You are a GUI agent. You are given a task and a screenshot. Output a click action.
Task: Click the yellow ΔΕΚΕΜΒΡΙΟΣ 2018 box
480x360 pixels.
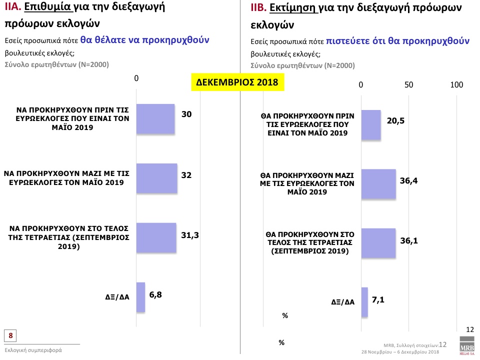(238, 82)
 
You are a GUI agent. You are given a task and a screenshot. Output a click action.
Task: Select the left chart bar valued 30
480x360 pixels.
(155, 119)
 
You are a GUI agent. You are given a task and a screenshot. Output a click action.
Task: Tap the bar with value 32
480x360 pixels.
(156, 178)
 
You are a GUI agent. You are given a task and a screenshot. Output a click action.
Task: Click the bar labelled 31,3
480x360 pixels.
(156, 237)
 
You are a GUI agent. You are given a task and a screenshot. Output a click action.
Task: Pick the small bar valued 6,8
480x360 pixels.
(140, 297)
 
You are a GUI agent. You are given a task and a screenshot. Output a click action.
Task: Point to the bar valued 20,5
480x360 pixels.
(370, 125)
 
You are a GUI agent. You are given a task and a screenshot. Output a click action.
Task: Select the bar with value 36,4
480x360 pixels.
(378, 184)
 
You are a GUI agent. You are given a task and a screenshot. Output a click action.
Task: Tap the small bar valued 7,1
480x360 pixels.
(364, 302)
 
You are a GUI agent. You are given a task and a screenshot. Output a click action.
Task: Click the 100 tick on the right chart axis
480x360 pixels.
(457, 85)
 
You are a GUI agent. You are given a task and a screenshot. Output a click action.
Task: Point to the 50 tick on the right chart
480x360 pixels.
(409, 85)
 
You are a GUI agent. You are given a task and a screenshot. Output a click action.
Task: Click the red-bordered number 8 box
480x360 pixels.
(10, 335)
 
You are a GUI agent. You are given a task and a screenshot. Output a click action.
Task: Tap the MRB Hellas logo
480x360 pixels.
(467, 347)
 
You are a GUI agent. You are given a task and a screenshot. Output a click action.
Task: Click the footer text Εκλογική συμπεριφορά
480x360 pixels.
(33, 350)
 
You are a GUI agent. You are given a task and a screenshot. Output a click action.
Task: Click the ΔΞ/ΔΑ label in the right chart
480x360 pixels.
(343, 302)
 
